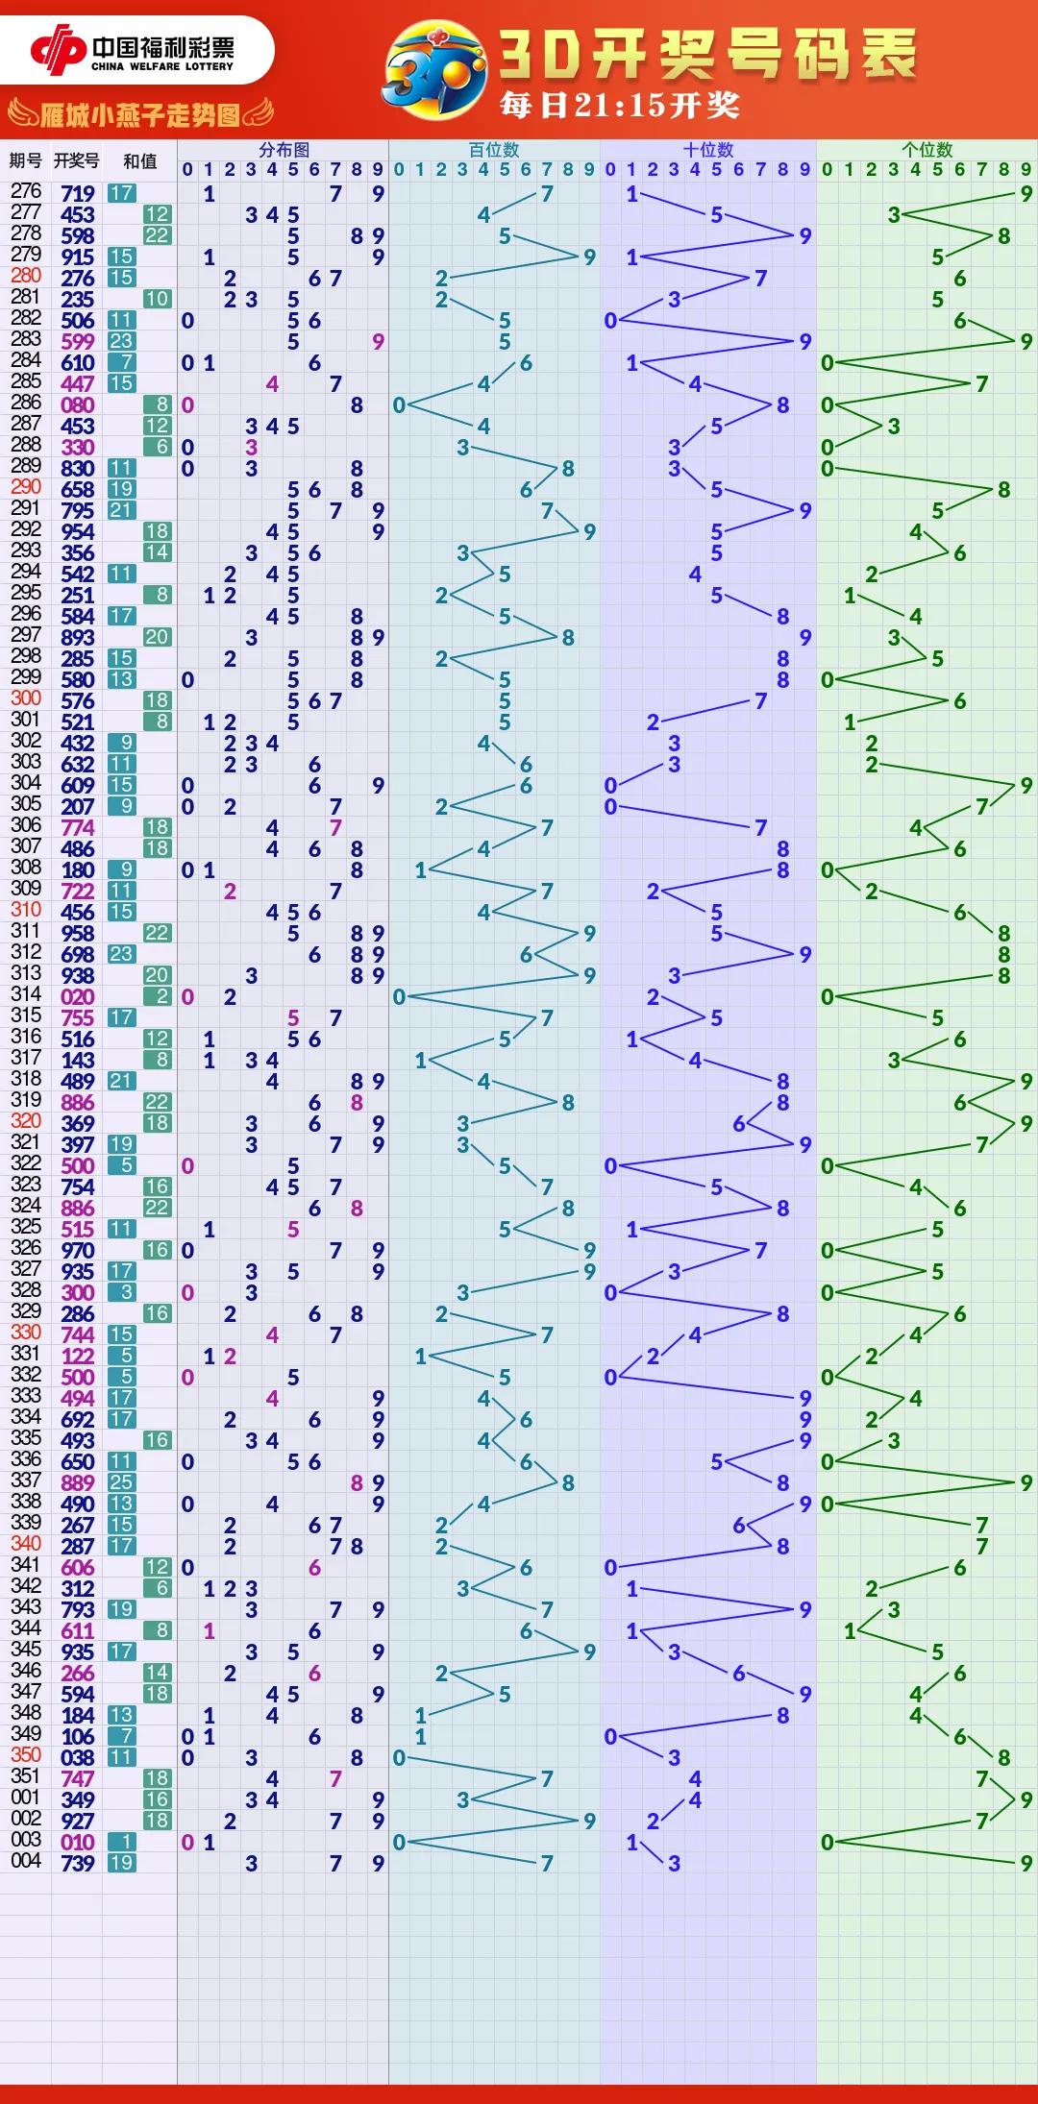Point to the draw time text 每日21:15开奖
click(620, 105)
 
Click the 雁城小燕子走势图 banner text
click(140, 116)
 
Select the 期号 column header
click(26, 160)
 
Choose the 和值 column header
click(140, 161)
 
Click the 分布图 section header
click(284, 150)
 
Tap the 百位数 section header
click(494, 150)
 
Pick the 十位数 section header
click(708, 150)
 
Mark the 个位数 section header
click(927, 150)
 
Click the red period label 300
click(26, 698)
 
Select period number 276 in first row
click(26, 191)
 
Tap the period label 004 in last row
click(26, 1861)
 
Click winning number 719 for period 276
click(78, 194)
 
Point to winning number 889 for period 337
click(78, 1483)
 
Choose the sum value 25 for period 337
click(121, 1483)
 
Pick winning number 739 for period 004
click(78, 1864)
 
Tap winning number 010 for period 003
click(78, 1843)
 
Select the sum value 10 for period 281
click(157, 299)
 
